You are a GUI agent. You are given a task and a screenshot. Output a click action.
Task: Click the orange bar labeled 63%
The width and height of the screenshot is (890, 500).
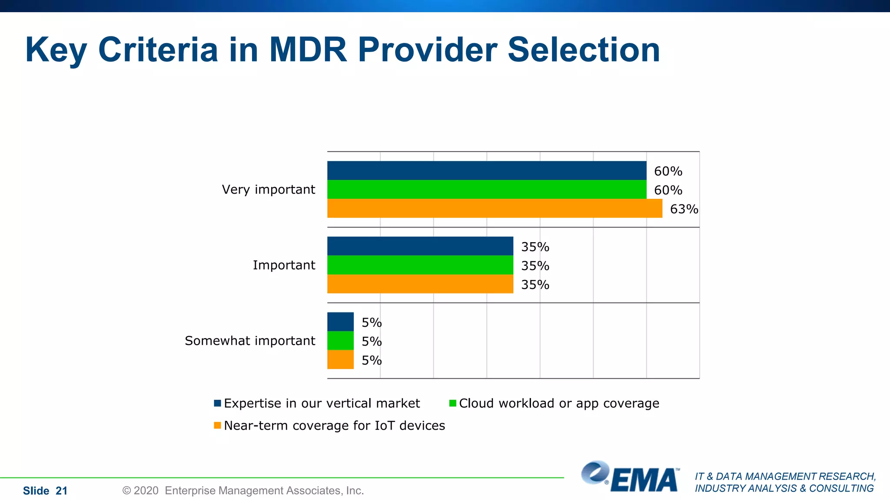[495, 208]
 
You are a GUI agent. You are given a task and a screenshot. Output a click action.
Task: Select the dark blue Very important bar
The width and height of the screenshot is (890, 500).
[487, 171]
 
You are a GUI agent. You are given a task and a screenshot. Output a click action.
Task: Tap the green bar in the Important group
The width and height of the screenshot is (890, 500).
[420, 265]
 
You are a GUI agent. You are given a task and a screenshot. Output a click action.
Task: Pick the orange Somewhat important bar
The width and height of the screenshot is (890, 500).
[340, 360]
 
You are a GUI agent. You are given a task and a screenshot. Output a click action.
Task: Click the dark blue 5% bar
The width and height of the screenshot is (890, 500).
[340, 322]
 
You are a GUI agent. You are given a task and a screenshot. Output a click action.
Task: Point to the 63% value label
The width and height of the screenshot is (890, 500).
[684, 209]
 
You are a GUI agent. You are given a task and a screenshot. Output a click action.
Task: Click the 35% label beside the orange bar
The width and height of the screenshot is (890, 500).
[535, 285]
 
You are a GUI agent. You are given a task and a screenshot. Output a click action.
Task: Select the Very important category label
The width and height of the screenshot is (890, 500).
[268, 190]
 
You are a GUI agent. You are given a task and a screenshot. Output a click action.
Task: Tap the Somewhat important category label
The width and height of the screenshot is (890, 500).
[250, 341]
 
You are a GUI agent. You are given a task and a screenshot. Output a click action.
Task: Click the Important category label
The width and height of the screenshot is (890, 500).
[284, 265]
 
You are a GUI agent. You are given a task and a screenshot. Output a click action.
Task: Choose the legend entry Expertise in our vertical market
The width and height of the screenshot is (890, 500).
[322, 403]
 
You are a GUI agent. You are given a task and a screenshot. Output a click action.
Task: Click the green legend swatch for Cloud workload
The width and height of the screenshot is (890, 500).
[452, 403]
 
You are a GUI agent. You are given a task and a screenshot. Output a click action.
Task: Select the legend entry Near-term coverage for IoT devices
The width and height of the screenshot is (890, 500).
[334, 425]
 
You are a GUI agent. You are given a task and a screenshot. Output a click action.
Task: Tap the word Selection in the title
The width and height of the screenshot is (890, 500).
[584, 49]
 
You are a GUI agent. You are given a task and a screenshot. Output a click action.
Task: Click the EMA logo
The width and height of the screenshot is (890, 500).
[630, 477]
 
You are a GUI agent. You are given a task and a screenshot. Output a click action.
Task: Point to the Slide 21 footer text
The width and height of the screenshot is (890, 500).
[45, 491]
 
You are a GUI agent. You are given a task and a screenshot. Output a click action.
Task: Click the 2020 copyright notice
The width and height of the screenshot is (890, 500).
[243, 490]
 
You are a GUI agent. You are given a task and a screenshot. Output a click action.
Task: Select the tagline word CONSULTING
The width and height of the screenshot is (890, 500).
[841, 488]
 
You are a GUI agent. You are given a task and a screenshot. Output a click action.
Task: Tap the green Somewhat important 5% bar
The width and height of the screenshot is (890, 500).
[340, 341]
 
